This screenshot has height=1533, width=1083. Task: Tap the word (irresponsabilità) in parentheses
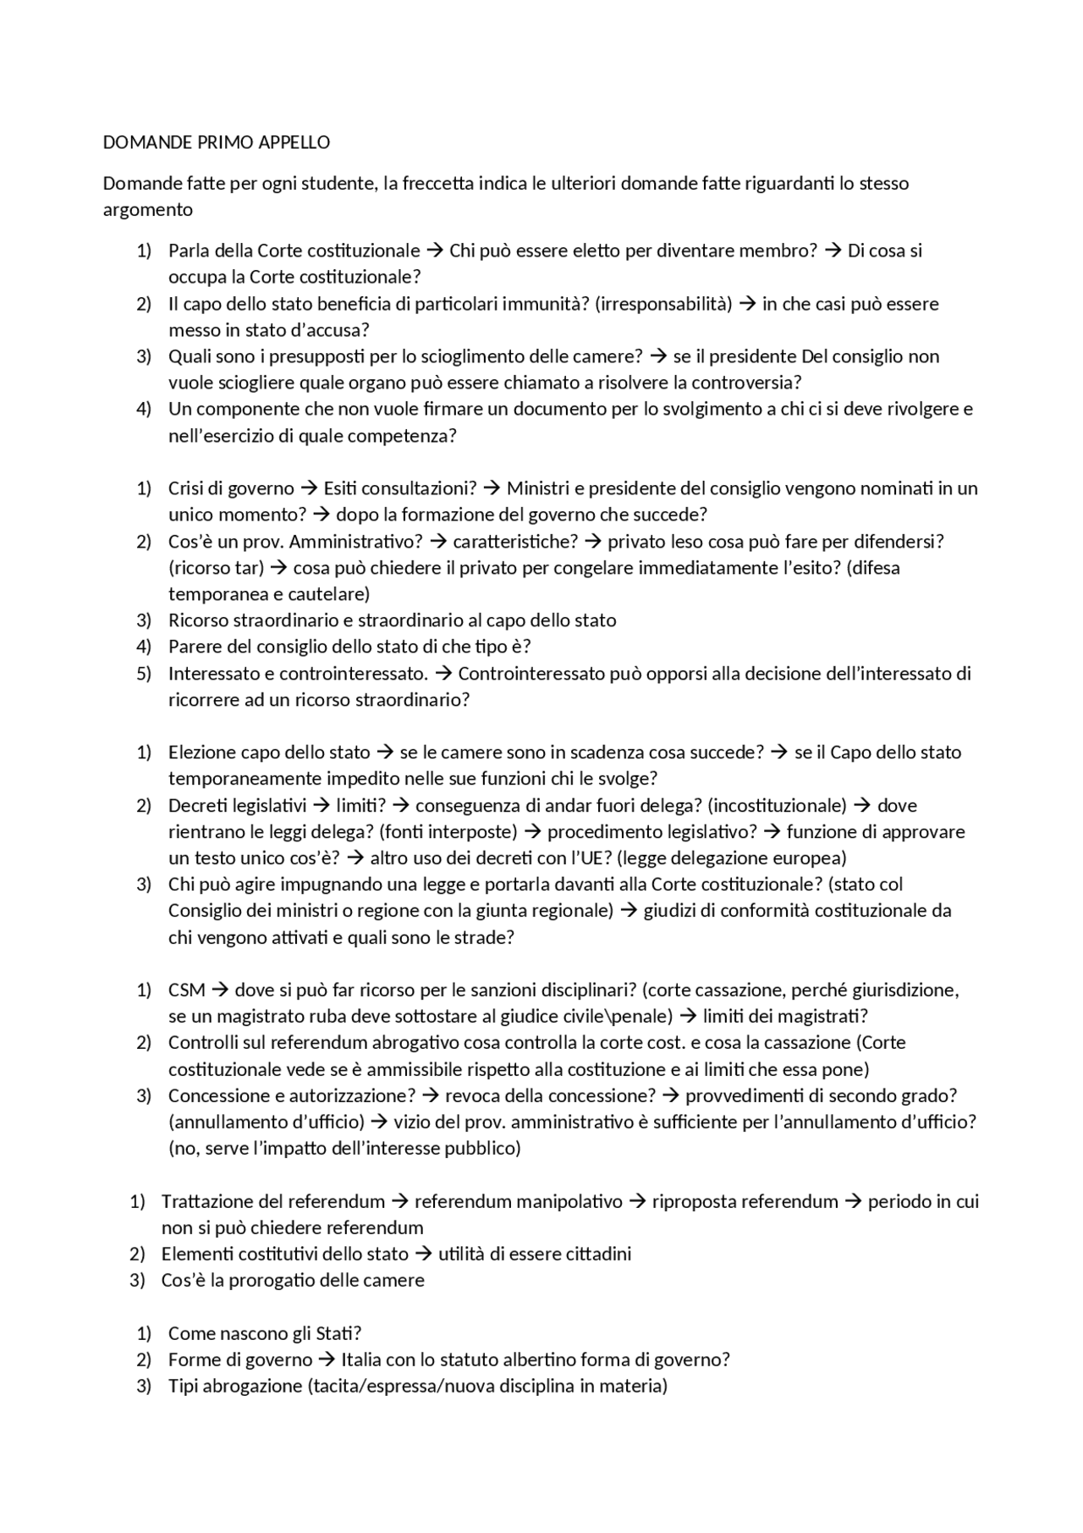pos(662,303)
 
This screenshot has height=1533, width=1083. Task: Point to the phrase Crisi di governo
pos(231,488)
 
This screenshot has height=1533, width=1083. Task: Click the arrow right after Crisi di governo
pos(309,488)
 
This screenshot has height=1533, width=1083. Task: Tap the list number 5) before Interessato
pos(143,673)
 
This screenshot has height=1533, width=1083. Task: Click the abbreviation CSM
pos(186,990)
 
